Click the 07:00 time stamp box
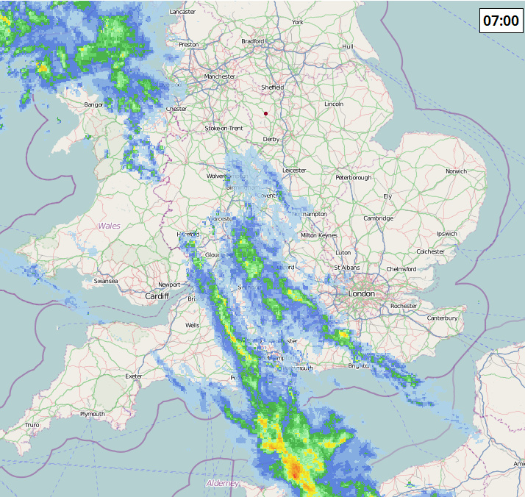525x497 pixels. coord(501,20)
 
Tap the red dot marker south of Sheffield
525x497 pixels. coord(265,113)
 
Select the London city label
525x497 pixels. coord(362,293)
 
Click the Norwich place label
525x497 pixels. coord(456,171)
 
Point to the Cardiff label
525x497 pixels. coord(157,296)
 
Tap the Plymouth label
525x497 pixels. coord(93,414)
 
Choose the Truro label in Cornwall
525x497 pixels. coord(32,425)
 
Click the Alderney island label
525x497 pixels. coord(222,483)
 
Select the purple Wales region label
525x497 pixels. coord(110,226)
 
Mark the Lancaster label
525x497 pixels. coord(183,12)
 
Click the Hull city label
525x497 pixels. coord(348,46)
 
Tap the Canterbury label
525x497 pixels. coord(442,318)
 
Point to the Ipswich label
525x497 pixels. coord(446,234)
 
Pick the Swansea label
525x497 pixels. coord(106,281)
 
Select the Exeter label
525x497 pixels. coord(134,376)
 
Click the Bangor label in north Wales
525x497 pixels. coord(93,104)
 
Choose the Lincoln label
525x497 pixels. coord(334,104)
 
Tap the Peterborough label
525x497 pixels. coord(354,177)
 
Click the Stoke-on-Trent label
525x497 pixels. coord(224,128)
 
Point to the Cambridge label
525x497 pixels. coord(378,218)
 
